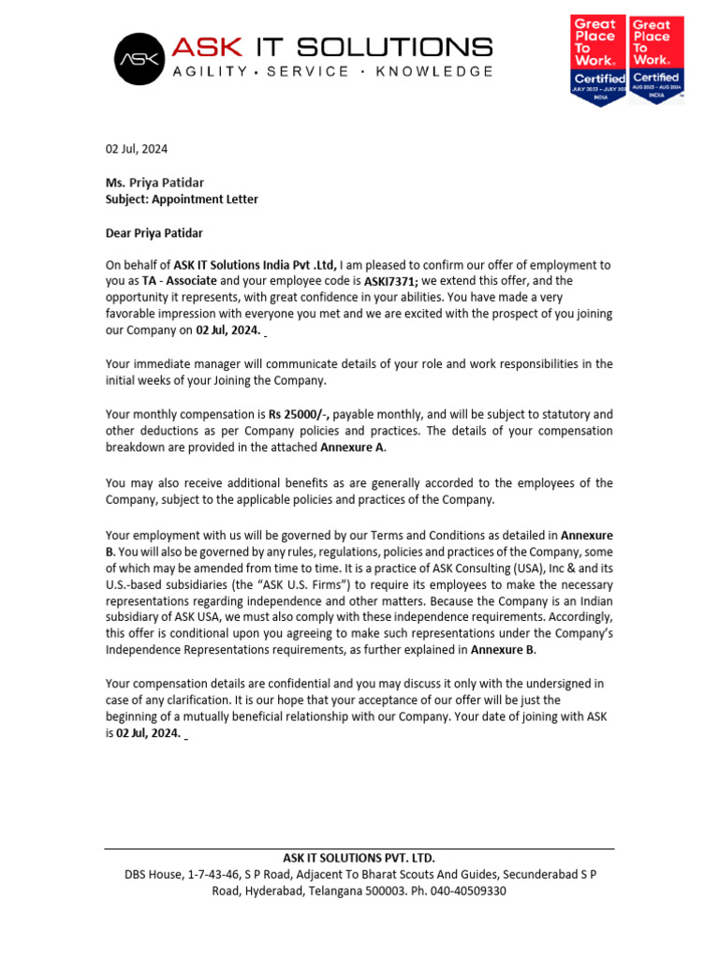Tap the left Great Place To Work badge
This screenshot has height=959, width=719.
click(x=598, y=58)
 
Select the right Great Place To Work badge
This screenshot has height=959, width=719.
click(x=654, y=58)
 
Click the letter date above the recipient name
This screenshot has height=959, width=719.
click(x=137, y=149)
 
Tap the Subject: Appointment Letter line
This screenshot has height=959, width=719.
click(x=182, y=199)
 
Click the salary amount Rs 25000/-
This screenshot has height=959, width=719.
click(x=299, y=414)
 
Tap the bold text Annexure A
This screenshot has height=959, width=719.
click(x=352, y=448)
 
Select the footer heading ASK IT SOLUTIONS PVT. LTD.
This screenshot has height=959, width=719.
click(x=359, y=858)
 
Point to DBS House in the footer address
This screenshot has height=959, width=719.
click(x=154, y=875)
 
